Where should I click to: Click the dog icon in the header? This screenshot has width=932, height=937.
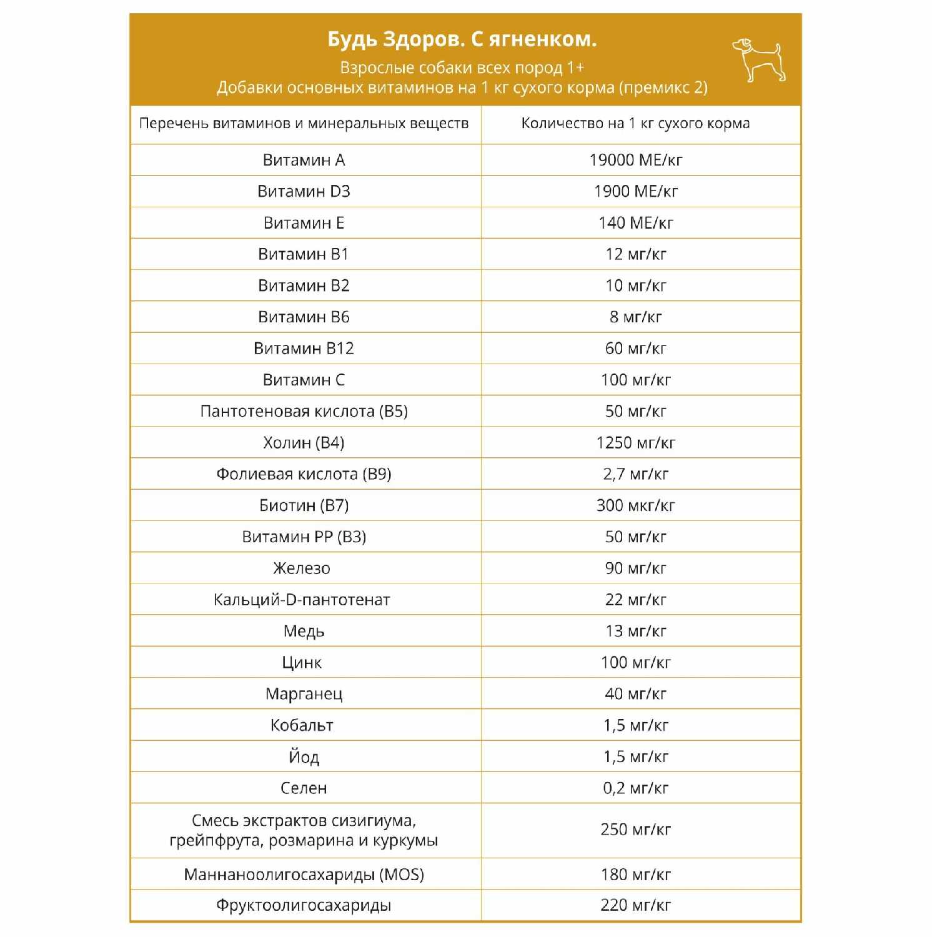(x=758, y=60)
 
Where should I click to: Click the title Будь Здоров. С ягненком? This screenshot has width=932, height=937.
(x=462, y=39)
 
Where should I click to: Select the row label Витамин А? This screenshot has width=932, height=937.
(x=304, y=161)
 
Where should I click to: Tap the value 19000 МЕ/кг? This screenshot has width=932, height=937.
(x=636, y=161)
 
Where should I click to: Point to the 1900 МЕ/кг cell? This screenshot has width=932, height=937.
(x=636, y=192)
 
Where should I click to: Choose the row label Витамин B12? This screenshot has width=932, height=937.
(x=304, y=349)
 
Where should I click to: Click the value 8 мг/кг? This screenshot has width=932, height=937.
(x=636, y=317)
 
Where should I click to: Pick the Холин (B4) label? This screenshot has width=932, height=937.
(x=304, y=443)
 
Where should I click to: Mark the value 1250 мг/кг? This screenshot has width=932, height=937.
(x=636, y=443)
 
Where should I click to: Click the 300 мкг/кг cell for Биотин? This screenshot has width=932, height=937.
(x=636, y=505)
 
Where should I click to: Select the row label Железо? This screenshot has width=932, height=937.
(x=302, y=568)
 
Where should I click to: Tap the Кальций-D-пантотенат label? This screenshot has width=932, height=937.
(x=302, y=600)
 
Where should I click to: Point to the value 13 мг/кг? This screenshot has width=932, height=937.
(x=636, y=631)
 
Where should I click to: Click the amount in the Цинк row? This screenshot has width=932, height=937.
(x=636, y=662)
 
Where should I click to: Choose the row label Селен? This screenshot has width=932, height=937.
(x=304, y=788)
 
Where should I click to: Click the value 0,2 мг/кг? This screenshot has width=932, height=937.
(x=636, y=788)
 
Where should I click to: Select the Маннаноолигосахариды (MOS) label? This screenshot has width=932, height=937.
(x=304, y=875)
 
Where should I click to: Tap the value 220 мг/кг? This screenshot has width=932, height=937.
(x=636, y=905)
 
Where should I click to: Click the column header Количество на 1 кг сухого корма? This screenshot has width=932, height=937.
(x=636, y=124)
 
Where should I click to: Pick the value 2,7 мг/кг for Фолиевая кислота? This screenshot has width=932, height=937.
(x=636, y=474)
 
